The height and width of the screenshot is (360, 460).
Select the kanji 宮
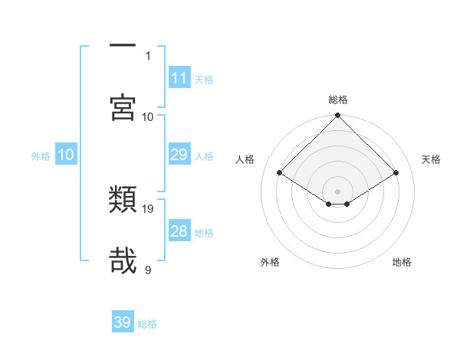tap(123, 107)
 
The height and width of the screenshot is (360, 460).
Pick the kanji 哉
tap(123, 260)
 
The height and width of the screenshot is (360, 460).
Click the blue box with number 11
tap(179, 78)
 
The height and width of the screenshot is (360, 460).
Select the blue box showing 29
tap(179, 155)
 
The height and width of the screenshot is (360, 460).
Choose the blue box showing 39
tap(123, 322)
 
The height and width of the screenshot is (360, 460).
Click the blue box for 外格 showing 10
tap(66, 155)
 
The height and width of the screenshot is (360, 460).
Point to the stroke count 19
tap(148, 208)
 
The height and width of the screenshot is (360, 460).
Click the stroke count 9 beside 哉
tap(148, 270)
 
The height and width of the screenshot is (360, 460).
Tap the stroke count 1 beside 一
tap(148, 55)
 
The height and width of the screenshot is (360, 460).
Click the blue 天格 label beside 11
tap(203, 79)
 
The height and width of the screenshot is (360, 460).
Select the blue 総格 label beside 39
tap(147, 323)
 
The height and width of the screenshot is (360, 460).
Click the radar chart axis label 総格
tap(337, 100)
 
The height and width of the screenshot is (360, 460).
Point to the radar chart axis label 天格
tap(432, 159)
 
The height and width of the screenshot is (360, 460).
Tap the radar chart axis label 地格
tap(402, 262)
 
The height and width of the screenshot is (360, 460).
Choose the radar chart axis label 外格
tap(270, 262)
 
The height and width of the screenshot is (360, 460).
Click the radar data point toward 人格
tap(280, 173)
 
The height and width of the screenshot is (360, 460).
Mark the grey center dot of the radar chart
tap(337, 191)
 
